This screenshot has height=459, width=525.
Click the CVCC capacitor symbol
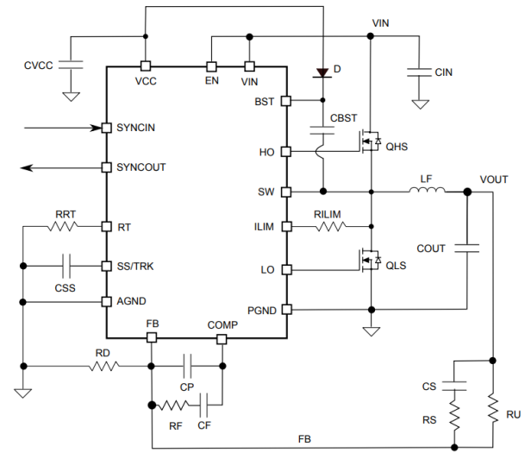pos(72,65)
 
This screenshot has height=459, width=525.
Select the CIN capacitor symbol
pos(420,71)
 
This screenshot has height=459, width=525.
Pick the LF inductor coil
pos(428,191)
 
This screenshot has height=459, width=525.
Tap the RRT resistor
pos(64,227)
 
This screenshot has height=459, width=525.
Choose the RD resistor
pos(103,367)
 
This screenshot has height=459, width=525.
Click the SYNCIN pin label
pos(141,128)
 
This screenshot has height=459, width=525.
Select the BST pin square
pos(286,101)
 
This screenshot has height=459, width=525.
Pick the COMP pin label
pos(222,324)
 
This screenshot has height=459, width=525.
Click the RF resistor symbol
pos(175,405)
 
